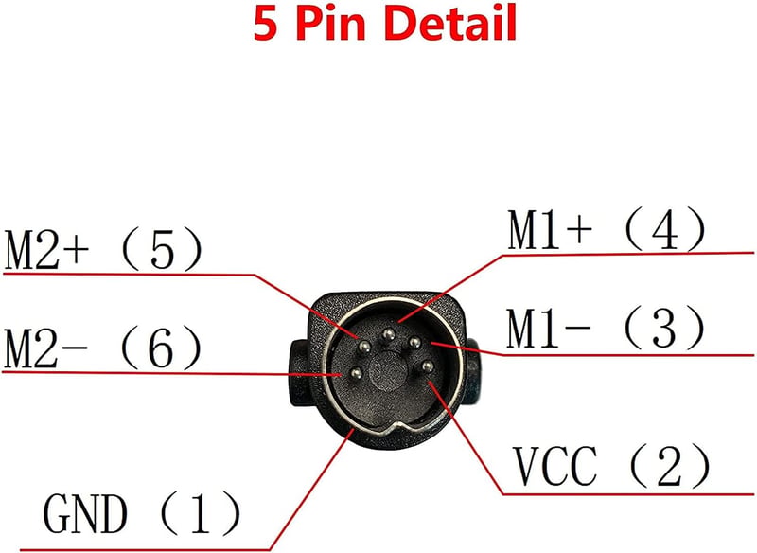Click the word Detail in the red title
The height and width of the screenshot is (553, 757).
(452, 22)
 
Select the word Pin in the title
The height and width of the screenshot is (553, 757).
(330, 22)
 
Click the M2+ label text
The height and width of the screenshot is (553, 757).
(46, 250)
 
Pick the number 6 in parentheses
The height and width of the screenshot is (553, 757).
(161, 348)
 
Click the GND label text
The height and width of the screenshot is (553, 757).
(85, 512)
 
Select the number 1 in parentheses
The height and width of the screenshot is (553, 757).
(201, 512)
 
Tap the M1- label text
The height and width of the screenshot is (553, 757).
(549, 328)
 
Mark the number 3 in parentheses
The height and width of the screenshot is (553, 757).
(664, 328)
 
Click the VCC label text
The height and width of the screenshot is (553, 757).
(555, 466)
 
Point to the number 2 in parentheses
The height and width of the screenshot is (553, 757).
(669, 466)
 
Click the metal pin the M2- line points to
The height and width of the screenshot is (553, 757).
(357, 373)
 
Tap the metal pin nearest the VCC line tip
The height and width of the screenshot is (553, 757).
(428, 366)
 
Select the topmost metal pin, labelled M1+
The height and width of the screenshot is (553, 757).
(388, 334)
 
